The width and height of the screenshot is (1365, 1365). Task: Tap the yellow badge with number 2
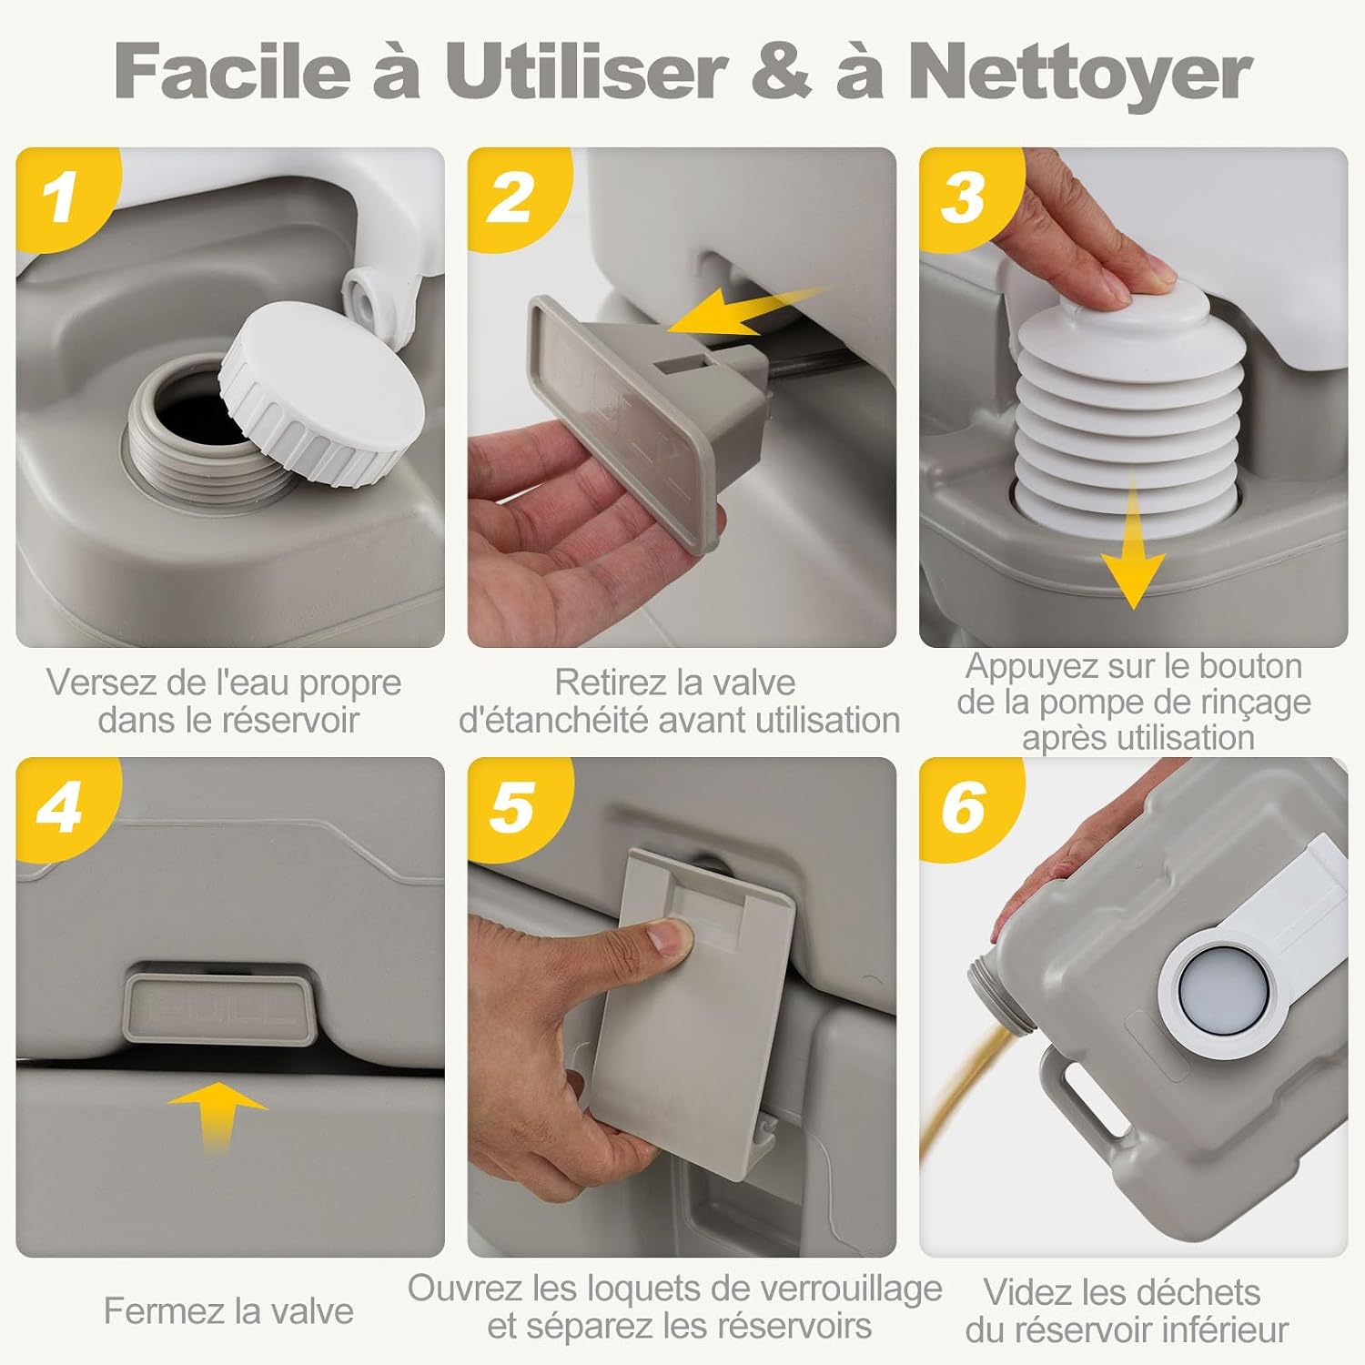[515, 196]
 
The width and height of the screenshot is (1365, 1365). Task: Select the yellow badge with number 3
[966, 196]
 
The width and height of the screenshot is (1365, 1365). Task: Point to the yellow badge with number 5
[515, 806]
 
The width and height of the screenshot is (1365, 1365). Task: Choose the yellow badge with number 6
[966, 806]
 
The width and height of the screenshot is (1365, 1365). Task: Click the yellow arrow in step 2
[742, 309]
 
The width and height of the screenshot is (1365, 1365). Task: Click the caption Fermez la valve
[228, 1311]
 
